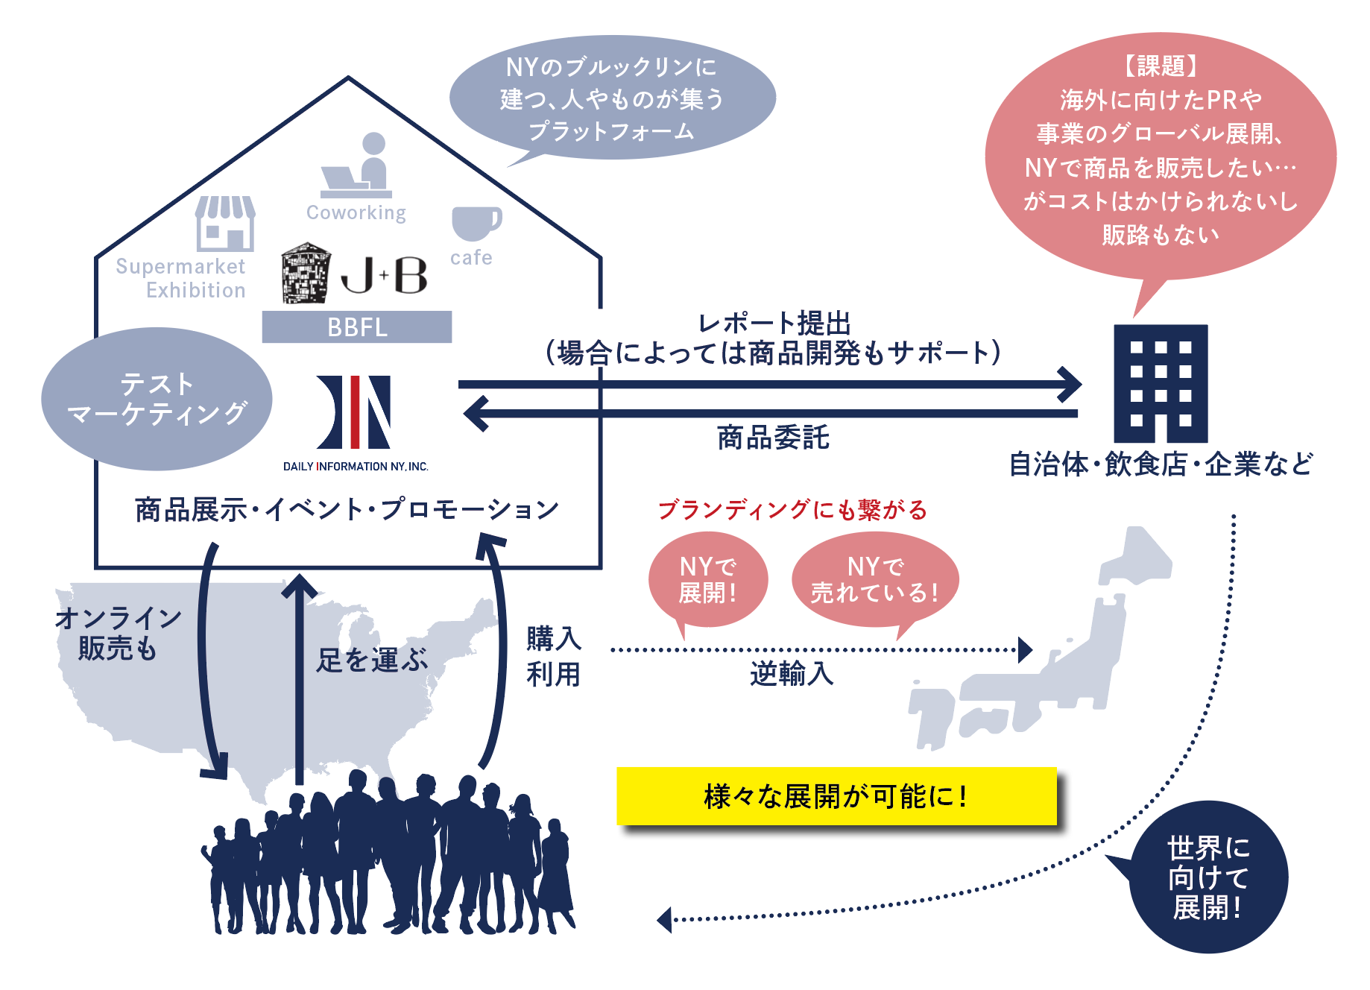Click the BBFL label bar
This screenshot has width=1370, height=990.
tap(356, 327)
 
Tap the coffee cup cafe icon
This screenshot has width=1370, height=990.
tap(475, 223)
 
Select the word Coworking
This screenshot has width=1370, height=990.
tap(356, 213)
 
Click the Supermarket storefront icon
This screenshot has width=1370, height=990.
tap(225, 223)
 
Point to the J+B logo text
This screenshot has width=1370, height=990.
tap(384, 275)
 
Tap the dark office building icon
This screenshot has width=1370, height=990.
tap(1160, 383)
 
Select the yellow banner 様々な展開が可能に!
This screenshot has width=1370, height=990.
tap(836, 796)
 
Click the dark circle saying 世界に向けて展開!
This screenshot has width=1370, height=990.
tap(1208, 877)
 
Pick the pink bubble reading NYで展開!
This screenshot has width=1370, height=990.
tap(707, 580)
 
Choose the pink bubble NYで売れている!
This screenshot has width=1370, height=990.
tap(874, 580)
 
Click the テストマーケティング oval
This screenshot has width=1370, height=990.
tap(157, 399)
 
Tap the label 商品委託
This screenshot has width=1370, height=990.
tap(773, 438)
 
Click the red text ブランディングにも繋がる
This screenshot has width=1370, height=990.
tap(792, 510)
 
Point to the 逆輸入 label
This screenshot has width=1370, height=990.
tap(792, 674)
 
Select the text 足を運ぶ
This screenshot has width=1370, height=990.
tap(372, 660)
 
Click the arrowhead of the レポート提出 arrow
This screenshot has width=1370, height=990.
tap(1071, 385)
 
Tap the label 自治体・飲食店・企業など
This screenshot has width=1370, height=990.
tap(1161, 464)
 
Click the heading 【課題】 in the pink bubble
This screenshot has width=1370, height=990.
tap(1161, 66)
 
